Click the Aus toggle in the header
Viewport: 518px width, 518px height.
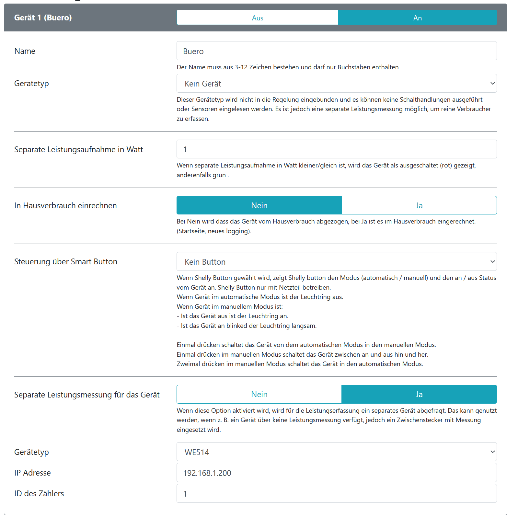click(258, 18)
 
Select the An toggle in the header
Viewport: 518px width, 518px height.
click(417, 18)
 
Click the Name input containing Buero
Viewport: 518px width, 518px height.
click(336, 51)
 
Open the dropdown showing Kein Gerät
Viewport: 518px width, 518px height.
click(336, 84)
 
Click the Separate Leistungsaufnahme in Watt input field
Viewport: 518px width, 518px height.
click(336, 149)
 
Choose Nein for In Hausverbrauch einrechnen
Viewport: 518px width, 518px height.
click(259, 205)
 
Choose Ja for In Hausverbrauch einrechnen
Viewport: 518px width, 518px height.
click(419, 205)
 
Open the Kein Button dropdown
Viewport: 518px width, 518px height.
click(336, 262)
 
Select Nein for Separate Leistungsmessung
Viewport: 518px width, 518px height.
click(259, 394)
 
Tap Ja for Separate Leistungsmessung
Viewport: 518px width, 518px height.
click(419, 394)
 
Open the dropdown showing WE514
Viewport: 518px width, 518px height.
click(336, 452)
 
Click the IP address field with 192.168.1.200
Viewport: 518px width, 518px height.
click(336, 473)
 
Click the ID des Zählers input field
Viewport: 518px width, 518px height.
click(336, 493)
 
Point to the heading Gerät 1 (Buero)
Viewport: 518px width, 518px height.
click(43, 17)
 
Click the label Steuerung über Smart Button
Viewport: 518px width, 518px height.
click(66, 261)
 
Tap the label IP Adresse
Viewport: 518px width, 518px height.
click(32, 473)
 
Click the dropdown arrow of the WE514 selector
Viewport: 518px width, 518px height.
click(492, 452)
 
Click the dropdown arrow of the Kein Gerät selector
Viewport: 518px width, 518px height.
click(492, 83)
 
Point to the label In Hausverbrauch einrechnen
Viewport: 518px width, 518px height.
click(65, 205)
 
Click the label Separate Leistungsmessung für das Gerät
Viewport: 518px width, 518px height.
click(87, 395)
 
